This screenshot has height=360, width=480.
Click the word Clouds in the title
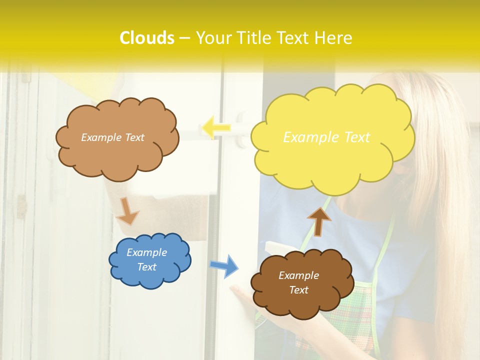pos(147,38)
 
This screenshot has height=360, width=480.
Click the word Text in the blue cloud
pos(147,267)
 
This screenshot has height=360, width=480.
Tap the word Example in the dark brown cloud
pos(298,275)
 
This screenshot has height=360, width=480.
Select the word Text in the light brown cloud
pos(134,137)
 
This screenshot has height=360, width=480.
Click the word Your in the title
pos(213,38)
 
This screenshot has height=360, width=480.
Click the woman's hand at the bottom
pos(245,300)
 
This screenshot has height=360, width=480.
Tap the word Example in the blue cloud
pos(147,252)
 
